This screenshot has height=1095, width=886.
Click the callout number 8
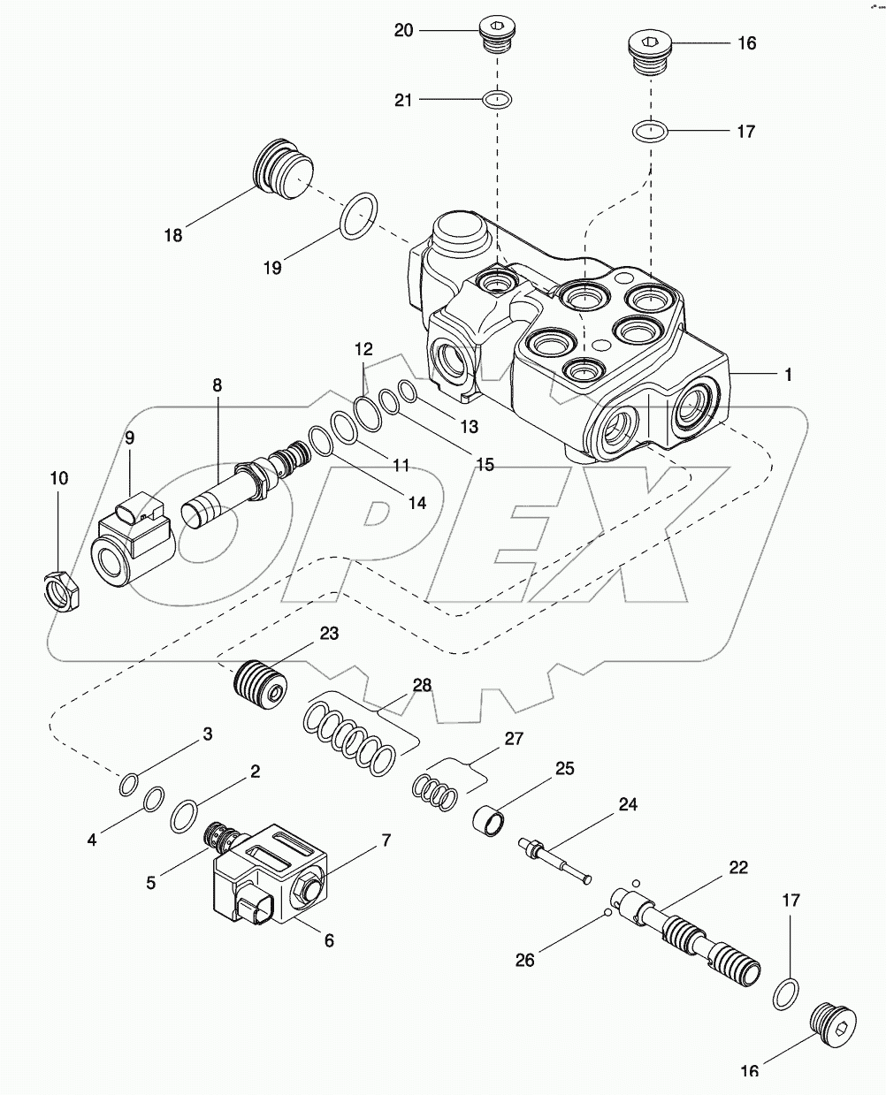click(x=217, y=385)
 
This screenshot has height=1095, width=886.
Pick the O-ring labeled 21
click(x=497, y=100)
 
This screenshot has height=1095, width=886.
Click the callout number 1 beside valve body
click(x=787, y=375)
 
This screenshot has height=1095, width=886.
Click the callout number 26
click(x=525, y=959)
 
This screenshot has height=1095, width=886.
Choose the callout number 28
click(x=422, y=685)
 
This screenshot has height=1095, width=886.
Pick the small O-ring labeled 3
click(x=128, y=782)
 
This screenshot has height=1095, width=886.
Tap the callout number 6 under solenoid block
click(x=328, y=941)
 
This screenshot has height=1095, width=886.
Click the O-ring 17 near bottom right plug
click(x=786, y=993)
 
